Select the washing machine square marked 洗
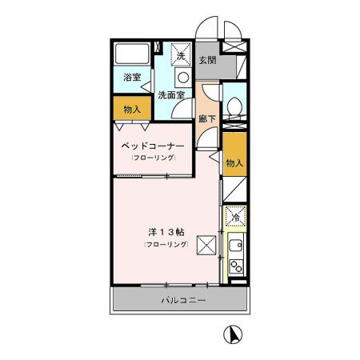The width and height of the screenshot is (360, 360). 182,55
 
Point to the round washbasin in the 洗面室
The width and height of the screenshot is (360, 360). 182,78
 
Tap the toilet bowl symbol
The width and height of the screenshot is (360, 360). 234,106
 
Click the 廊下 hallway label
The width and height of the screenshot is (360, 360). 206,118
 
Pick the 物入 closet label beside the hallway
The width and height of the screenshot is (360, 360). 234,162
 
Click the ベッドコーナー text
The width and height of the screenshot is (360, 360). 154,147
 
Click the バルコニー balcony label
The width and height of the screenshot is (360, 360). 183,301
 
